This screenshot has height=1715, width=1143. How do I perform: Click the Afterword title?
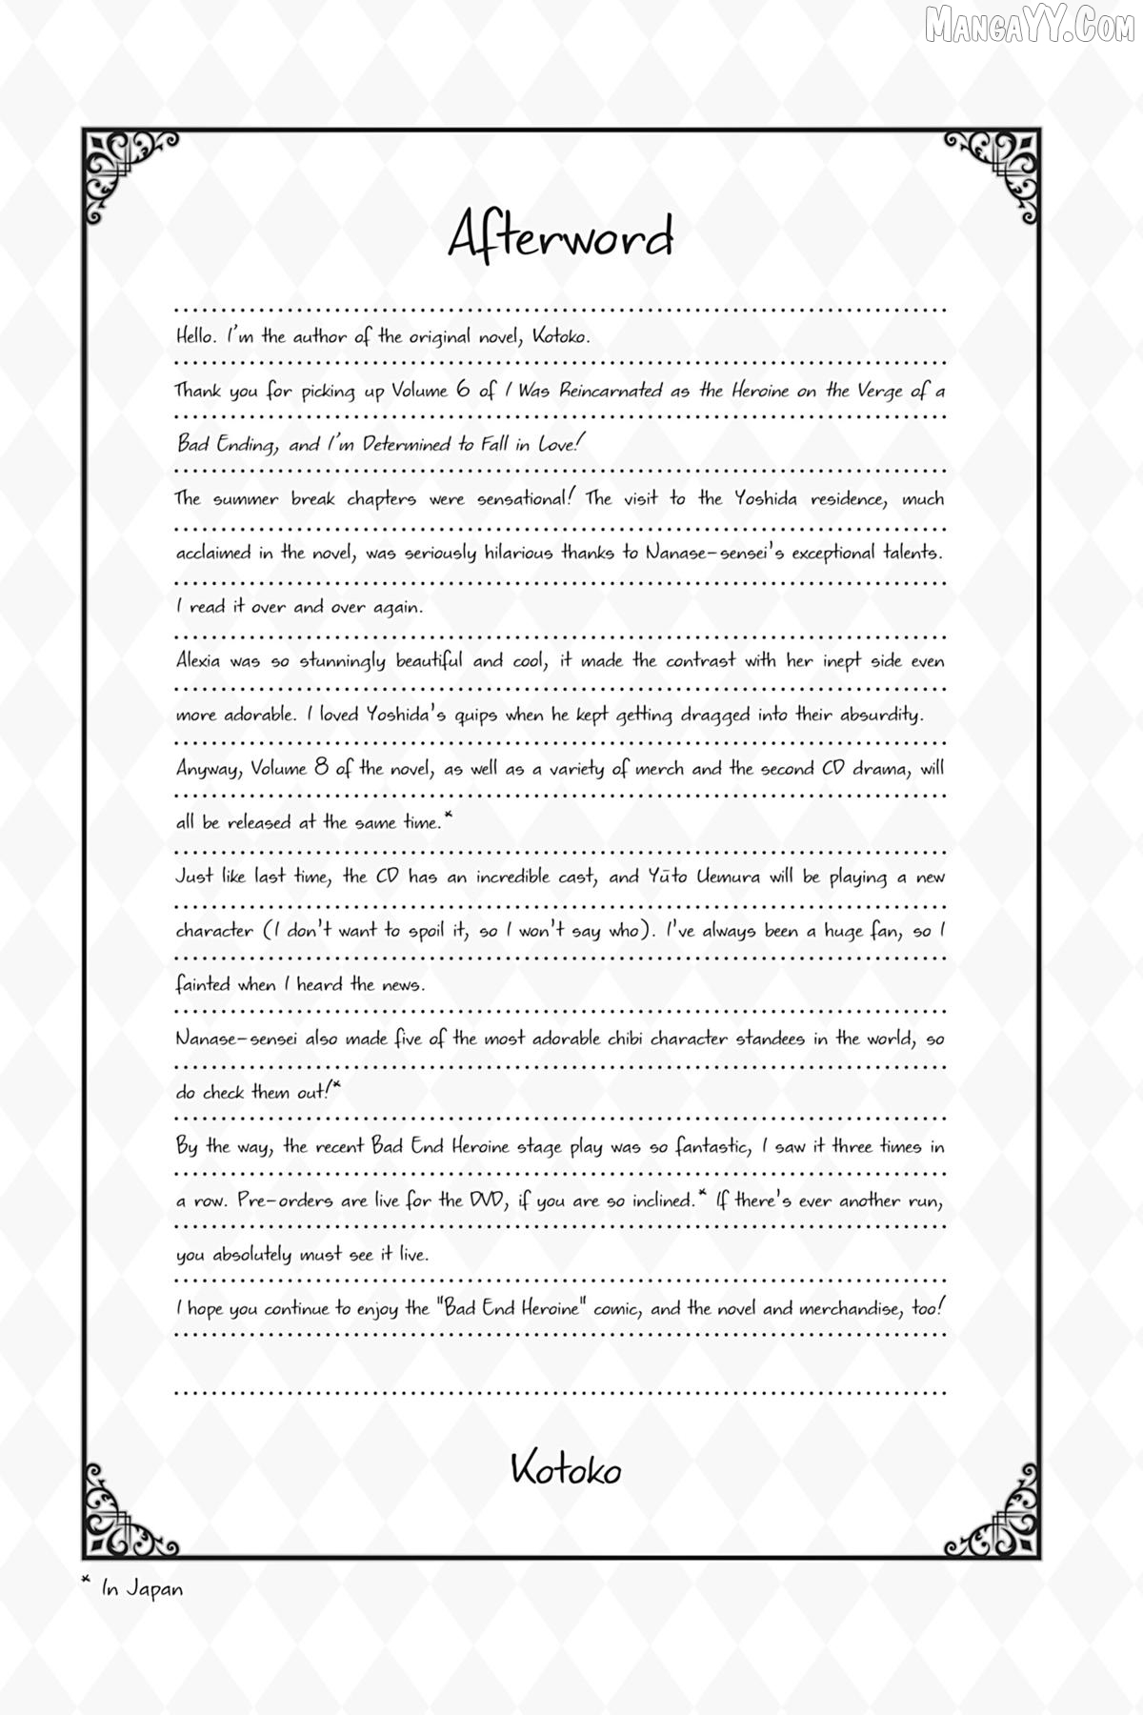(x=561, y=237)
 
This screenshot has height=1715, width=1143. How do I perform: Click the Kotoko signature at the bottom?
(x=566, y=1470)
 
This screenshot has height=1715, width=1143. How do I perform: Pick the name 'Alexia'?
(x=199, y=660)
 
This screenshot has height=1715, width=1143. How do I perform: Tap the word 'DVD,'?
(x=497, y=1200)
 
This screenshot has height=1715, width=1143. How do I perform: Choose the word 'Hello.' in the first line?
(x=197, y=335)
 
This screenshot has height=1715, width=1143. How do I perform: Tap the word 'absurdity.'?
(x=882, y=715)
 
